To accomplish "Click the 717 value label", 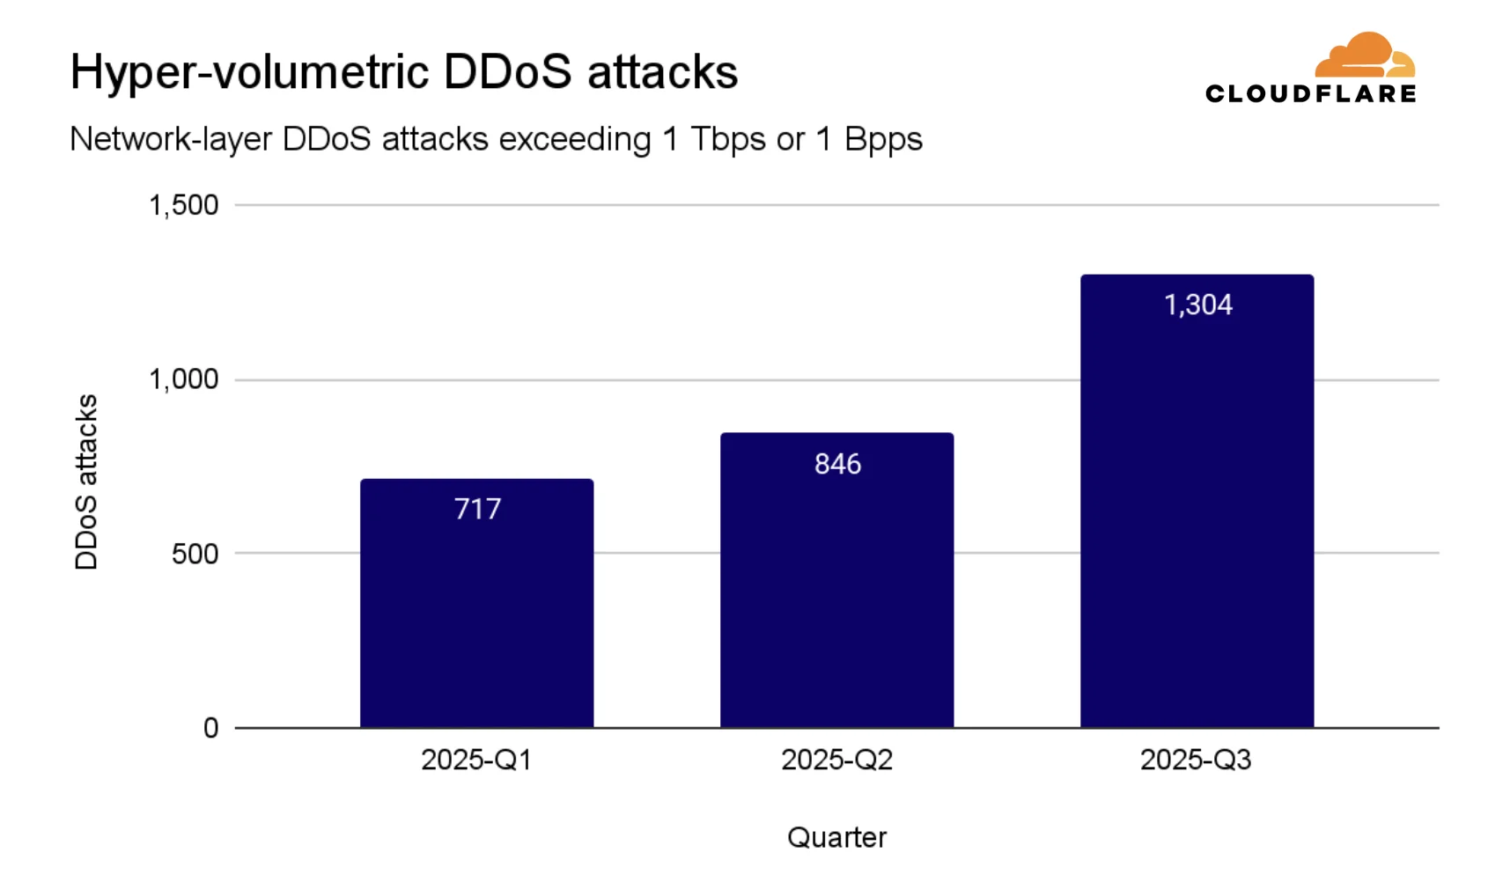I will coord(477,509).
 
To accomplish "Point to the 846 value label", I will coord(837,464).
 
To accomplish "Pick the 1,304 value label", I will coord(1197,305).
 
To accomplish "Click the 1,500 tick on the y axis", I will coord(183,205).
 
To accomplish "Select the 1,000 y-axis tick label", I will coord(183,379).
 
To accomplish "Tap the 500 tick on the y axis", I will coord(195,554).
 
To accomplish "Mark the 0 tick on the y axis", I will coord(210,728).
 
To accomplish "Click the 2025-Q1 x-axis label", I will coord(476,760).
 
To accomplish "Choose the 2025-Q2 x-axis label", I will coord(836,760).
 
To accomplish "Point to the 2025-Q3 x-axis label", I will coord(1196,760).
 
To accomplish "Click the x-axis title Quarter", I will coord(836,837).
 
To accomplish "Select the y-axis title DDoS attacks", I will coord(86,482).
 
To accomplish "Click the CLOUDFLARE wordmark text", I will coord(1310,94).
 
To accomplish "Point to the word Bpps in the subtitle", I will coord(882,139).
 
